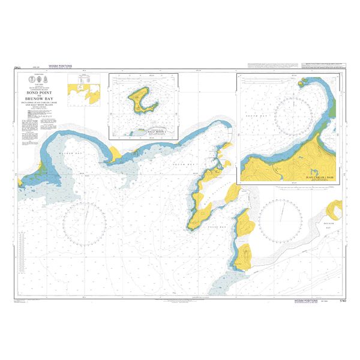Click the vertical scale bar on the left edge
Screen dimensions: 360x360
pyautogui.click(x=22, y=253)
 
